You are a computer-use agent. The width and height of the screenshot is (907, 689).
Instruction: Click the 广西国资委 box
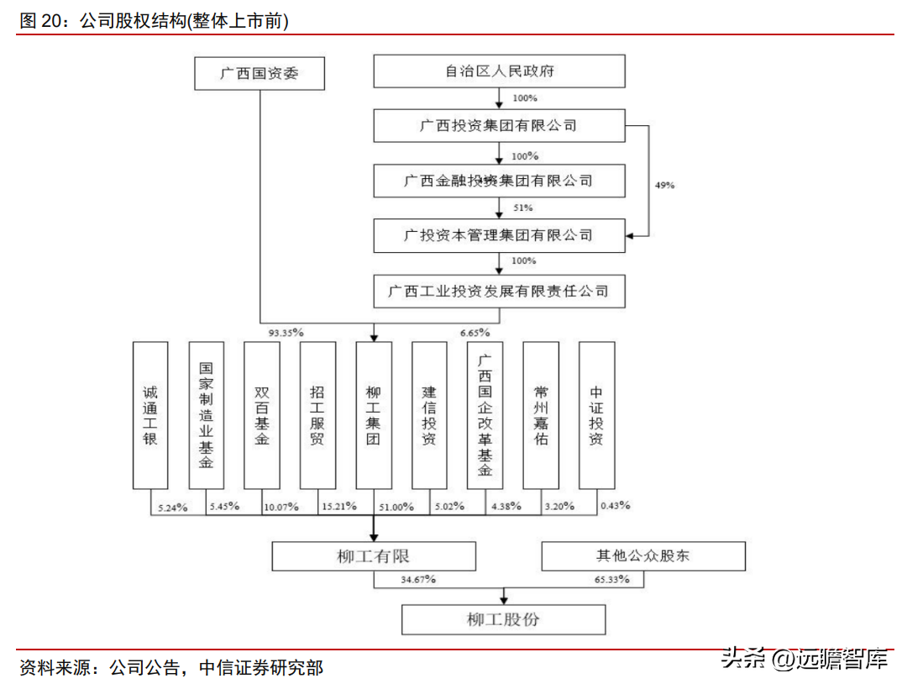pos(259,73)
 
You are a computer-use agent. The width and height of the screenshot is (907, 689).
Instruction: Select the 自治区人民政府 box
pos(500,71)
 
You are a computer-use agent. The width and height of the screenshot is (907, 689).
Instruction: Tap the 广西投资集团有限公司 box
pos(500,126)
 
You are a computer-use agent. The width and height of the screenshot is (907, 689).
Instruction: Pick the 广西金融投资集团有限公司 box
pos(500,181)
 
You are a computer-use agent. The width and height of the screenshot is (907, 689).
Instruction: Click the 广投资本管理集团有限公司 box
pos(500,235)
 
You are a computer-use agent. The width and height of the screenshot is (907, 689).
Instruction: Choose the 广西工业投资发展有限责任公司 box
pos(500,292)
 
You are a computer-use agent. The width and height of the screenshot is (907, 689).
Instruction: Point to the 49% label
pos(664,184)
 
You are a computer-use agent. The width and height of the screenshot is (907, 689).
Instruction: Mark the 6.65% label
pos(474,333)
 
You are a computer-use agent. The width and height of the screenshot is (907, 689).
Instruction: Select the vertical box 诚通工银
pos(150,415)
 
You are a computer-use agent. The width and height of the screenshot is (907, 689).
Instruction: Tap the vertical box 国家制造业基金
pos(206,415)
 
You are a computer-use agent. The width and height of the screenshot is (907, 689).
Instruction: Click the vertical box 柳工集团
pos(374,415)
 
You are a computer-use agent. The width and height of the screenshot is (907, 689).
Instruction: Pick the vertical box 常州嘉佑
pos(541,415)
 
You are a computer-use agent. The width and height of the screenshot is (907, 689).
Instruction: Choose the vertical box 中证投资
pos(596,415)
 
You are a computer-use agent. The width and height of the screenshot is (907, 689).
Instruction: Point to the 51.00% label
pos(396,507)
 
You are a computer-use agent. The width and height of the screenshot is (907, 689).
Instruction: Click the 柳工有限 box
pos(374,556)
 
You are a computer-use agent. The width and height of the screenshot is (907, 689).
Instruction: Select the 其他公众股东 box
pos(643,556)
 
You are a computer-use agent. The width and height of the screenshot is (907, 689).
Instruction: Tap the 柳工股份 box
pos(503,620)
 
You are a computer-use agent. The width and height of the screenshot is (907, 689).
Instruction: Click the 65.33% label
pos(612,580)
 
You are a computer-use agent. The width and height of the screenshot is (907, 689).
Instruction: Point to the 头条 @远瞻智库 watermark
pos(805,659)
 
